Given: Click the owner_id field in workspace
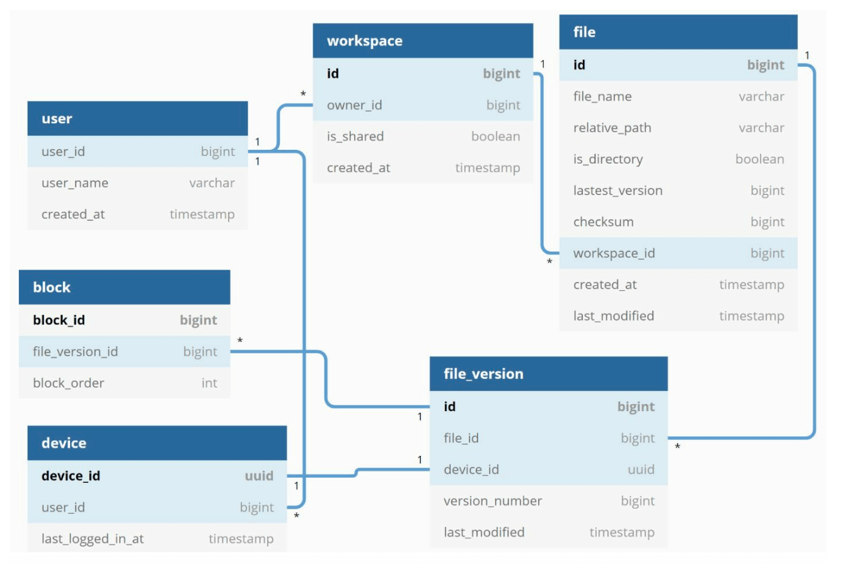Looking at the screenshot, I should pyautogui.click(x=354, y=105).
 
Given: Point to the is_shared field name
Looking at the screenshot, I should pyautogui.click(x=355, y=137).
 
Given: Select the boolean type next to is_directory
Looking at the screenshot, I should pyautogui.click(x=759, y=159).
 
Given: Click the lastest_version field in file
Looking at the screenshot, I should pyautogui.click(x=618, y=191).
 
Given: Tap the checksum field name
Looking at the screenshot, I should pyautogui.click(x=603, y=222).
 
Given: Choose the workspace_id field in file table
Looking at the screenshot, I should pyautogui.click(x=614, y=254).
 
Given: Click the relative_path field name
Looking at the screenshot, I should pyautogui.click(x=612, y=128).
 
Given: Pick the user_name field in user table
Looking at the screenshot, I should pyautogui.click(x=74, y=183).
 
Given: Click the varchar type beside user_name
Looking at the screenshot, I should pyautogui.click(x=212, y=183).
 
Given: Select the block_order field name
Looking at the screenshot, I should pyautogui.click(x=68, y=383).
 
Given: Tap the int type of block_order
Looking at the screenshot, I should pyautogui.click(x=209, y=383).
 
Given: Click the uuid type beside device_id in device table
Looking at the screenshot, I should pyautogui.click(x=259, y=476).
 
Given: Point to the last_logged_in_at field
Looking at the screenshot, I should pyautogui.click(x=93, y=539).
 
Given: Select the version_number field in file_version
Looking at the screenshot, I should pyautogui.click(x=493, y=501).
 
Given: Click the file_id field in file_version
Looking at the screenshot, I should pyautogui.click(x=461, y=438).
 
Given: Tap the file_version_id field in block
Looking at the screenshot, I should pyautogui.click(x=75, y=352).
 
